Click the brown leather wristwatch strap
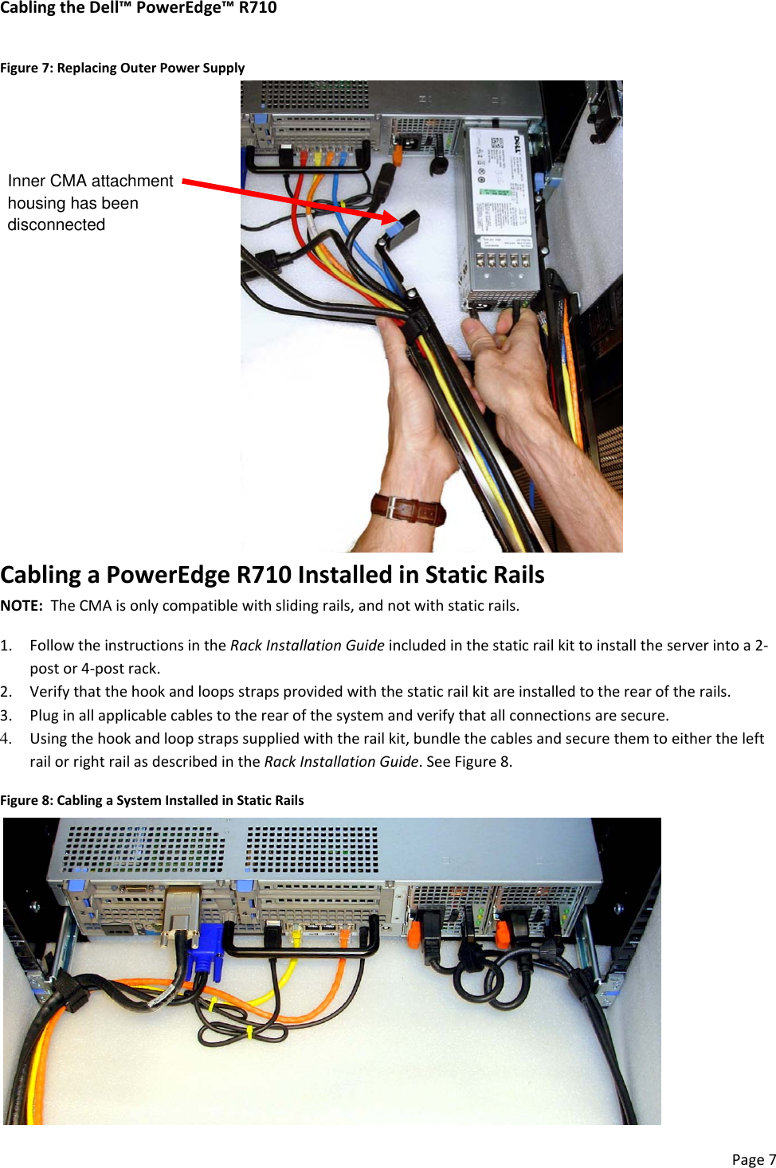pyautogui.click(x=408, y=509)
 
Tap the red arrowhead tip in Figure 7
pyautogui.click(x=394, y=217)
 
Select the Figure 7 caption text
pyautogui.click(x=122, y=68)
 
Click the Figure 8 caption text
pyautogui.click(x=151, y=800)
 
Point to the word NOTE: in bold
pyautogui.click(x=22, y=605)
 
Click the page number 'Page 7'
pyautogui.click(x=753, y=1159)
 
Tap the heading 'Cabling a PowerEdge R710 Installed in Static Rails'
pyautogui.click(x=272, y=575)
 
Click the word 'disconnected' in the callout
pyautogui.click(x=57, y=225)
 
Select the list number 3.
pyautogui.click(x=6, y=715)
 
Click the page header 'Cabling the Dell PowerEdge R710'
pyautogui.click(x=139, y=8)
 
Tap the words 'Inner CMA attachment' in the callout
pyautogui.click(x=90, y=181)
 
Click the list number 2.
pyautogui.click(x=6, y=691)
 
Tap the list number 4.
pyautogui.click(x=6, y=738)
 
